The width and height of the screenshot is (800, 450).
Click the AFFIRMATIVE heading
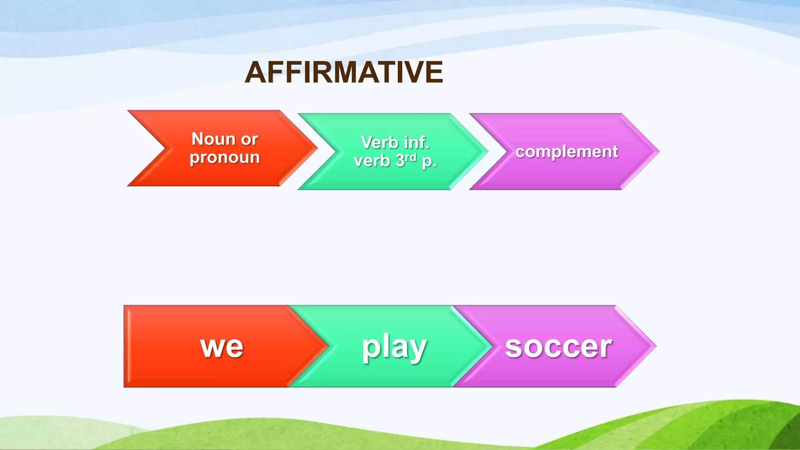(x=344, y=73)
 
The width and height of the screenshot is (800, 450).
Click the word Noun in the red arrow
(x=213, y=139)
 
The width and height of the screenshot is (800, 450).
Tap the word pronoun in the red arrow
(x=225, y=157)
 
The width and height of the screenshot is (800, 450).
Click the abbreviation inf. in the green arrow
(x=416, y=142)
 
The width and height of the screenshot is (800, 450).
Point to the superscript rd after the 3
(x=411, y=157)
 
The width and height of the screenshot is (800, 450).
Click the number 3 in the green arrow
(x=400, y=161)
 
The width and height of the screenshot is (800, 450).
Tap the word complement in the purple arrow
(x=566, y=152)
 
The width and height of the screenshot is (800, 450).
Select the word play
(x=394, y=347)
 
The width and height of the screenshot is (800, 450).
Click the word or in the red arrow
(x=250, y=139)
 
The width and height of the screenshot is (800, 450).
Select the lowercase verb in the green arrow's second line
(x=371, y=161)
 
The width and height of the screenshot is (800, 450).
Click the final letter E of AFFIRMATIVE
(x=435, y=73)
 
